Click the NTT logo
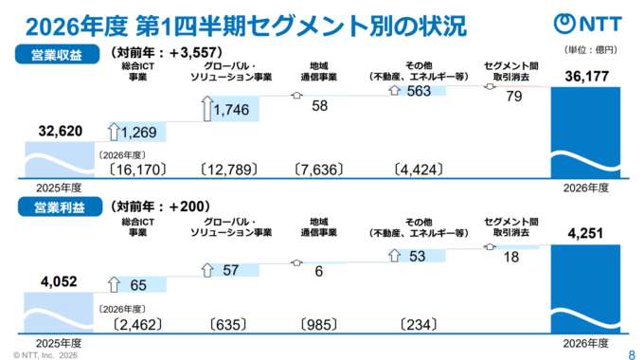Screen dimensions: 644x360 (587, 24)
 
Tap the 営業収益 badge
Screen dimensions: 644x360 (57, 54)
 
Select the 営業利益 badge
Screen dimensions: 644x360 (60, 207)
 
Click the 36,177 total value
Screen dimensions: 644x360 (586, 76)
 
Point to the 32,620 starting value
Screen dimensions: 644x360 (61, 131)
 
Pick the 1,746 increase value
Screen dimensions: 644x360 (231, 110)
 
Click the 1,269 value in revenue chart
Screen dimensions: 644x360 (138, 133)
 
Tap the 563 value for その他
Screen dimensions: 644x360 (419, 91)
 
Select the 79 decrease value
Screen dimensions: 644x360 (514, 97)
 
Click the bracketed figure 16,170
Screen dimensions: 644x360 (137, 170)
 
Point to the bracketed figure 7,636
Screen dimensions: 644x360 (319, 170)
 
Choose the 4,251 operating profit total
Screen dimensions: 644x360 (585, 233)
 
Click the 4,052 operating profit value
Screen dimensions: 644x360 (59, 281)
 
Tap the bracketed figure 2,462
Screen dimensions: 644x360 (137, 325)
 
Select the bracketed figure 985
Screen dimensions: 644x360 (319, 325)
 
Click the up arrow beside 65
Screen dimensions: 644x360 (114, 284)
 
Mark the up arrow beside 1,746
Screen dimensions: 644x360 (207, 109)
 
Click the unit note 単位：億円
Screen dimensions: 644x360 (591, 50)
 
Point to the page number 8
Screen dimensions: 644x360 (632, 354)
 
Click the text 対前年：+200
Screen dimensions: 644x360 (160, 206)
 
